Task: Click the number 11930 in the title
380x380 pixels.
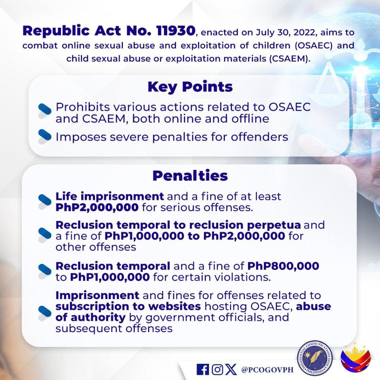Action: click(176, 31)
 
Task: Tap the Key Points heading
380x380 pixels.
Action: click(190, 87)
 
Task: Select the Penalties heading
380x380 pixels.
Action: click(190, 176)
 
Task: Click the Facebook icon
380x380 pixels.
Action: click(203, 370)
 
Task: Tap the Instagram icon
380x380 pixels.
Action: click(217, 370)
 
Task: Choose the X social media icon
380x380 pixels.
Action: click(231, 370)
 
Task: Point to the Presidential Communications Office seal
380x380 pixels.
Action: click(315, 358)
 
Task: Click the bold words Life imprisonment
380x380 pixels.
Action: click(109, 196)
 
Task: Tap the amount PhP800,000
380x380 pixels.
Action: click(283, 266)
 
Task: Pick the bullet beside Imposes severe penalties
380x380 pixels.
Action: click(45, 137)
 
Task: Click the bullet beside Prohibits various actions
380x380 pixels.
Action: click(45, 111)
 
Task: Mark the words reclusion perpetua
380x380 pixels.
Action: click(245, 225)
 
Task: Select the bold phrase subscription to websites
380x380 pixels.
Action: click(128, 307)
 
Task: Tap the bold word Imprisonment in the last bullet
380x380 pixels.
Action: click(97, 295)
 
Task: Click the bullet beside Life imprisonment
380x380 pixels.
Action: click(45, 202)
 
